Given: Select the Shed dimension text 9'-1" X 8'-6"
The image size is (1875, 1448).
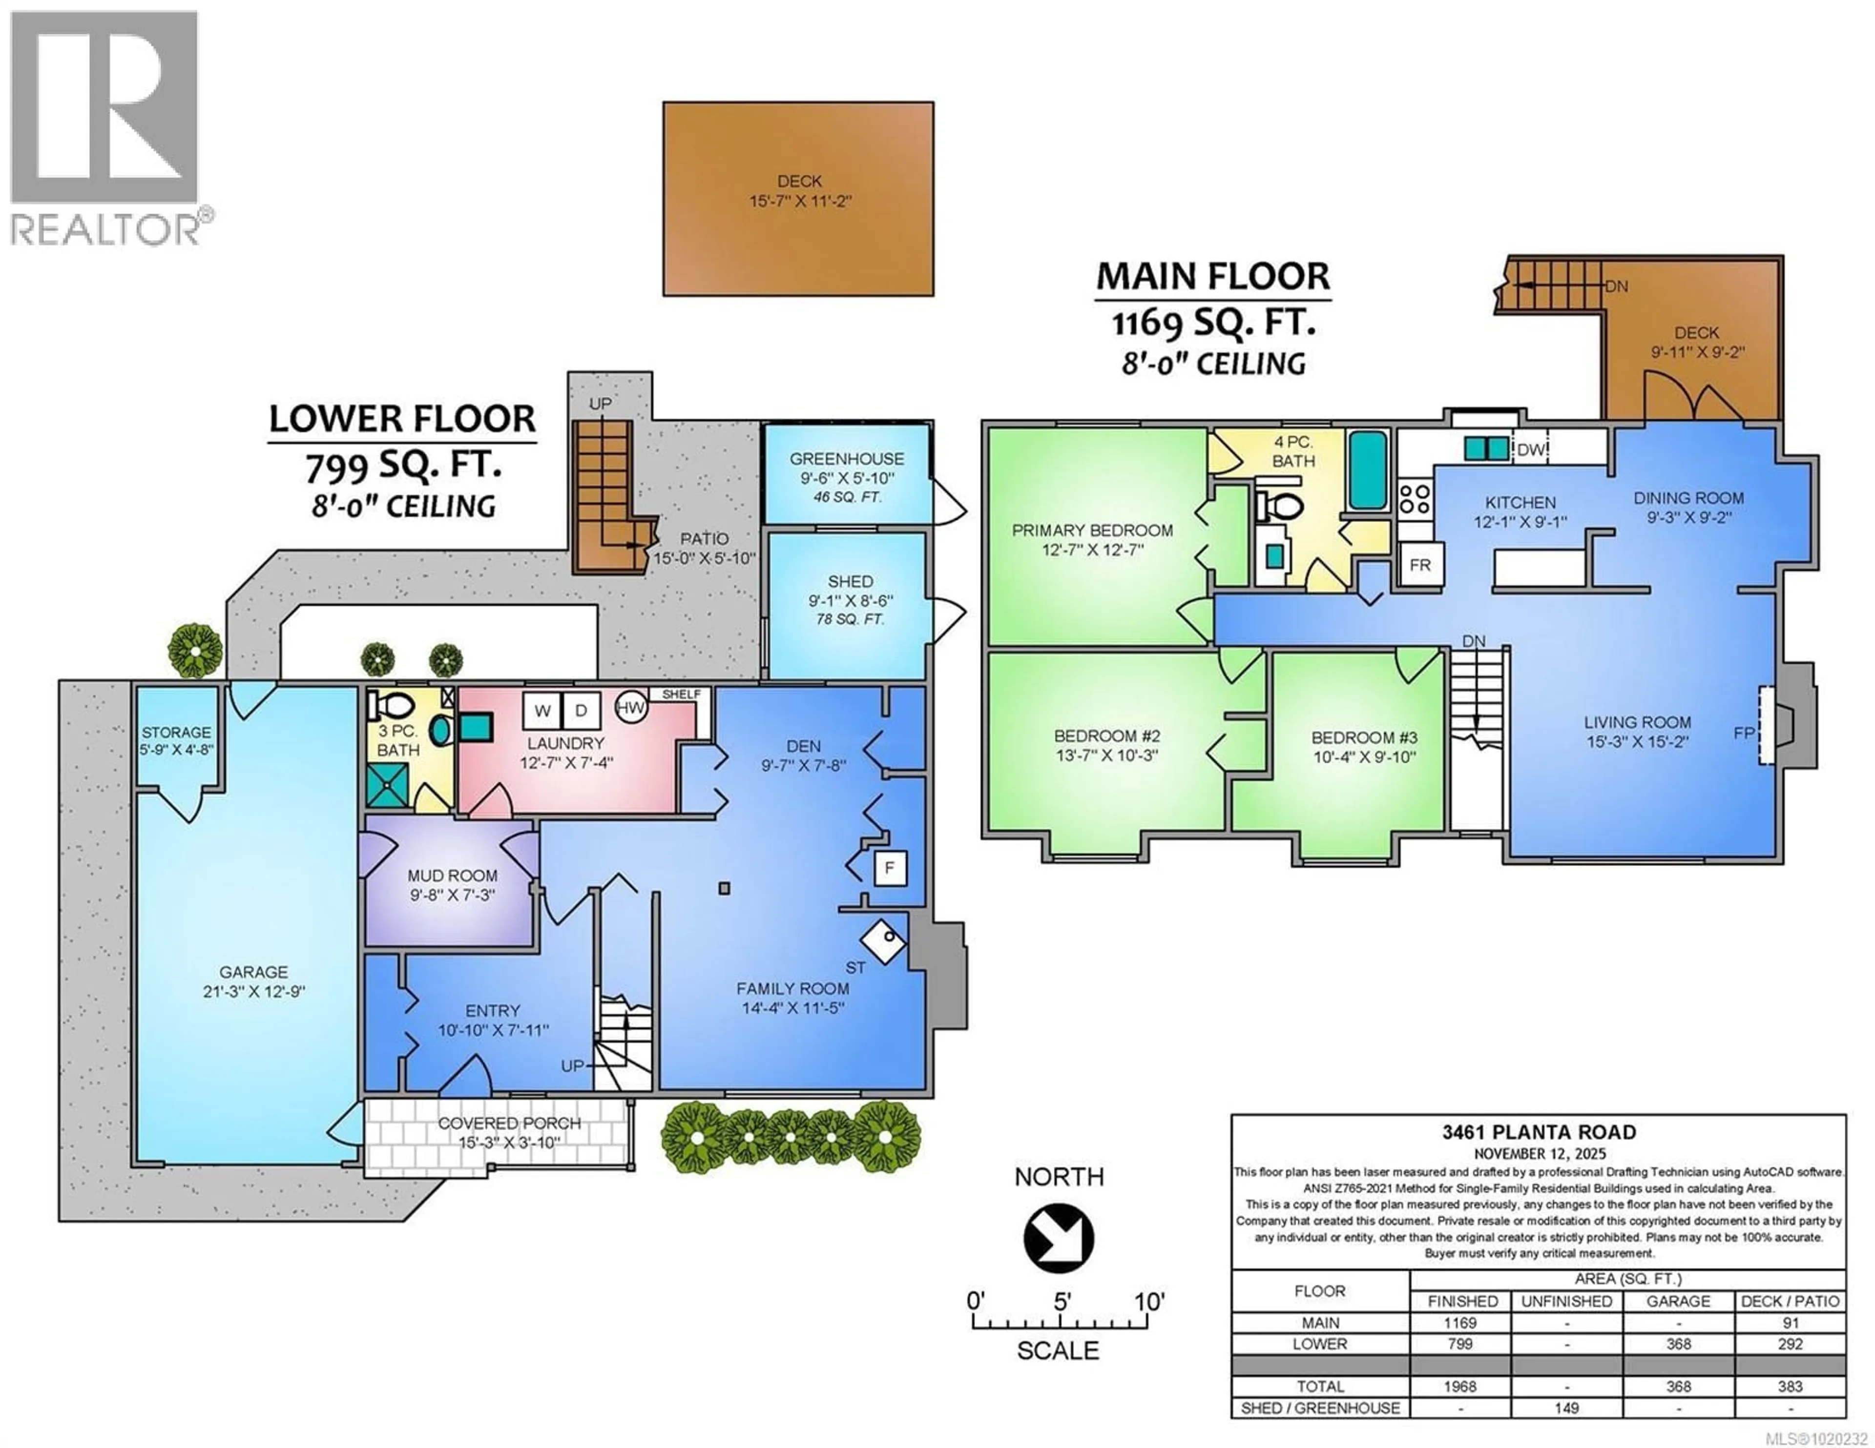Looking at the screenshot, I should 850,601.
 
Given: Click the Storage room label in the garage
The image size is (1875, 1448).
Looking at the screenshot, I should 176,732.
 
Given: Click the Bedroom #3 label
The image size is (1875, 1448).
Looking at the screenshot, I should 1364,737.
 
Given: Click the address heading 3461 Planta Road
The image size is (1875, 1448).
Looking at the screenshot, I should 1539,1132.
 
